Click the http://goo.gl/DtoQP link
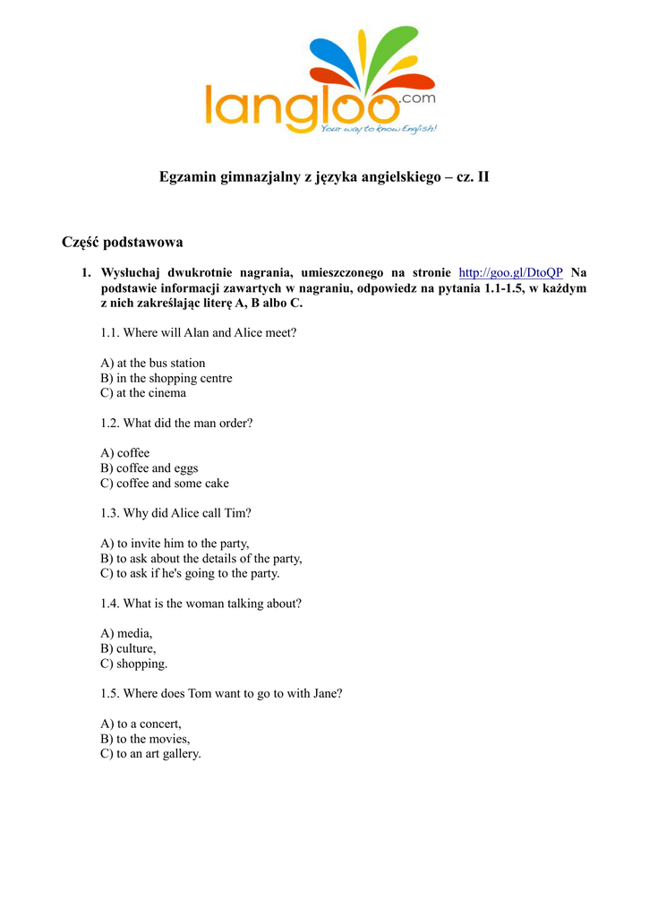coord(510,272)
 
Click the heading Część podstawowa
coord(123,242)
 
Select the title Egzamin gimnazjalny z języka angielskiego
coord(324,176)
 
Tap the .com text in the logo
coord(418,98)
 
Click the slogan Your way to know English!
coord(379,129)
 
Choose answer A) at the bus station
coord(153,363)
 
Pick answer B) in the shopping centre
coord(167,378)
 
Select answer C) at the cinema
coord(143,393)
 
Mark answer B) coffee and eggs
coord(149,468)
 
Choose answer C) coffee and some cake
coord(165,484)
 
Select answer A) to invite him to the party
coord(175,544)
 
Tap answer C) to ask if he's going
coord(190,573)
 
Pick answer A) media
coord(126,633)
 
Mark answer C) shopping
coord(133,664)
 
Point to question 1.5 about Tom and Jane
coord(221,693)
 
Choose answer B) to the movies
coord(145,739)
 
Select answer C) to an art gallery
coord(150,754)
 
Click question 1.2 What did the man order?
coord(176,423)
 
